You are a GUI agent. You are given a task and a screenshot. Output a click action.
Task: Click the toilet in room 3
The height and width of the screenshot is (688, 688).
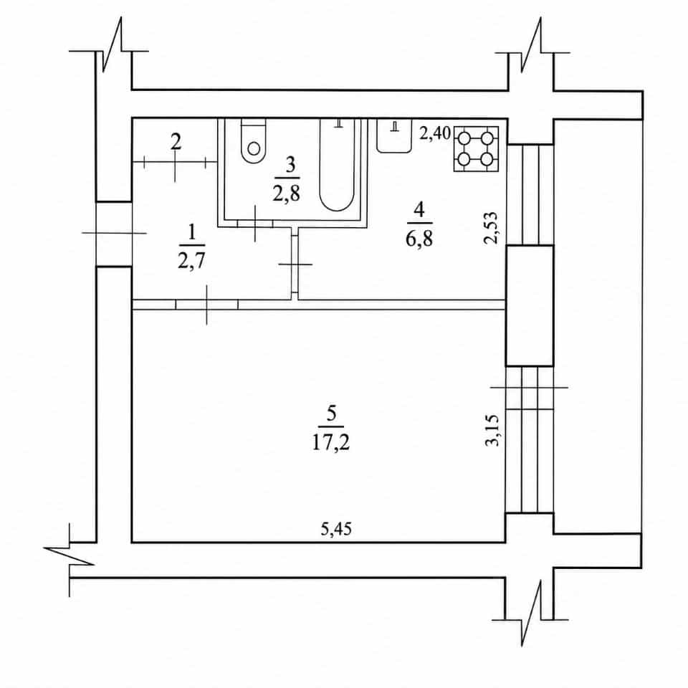tap(254, 141)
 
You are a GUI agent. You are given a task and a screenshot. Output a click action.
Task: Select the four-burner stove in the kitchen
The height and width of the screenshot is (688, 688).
tap(476, 149)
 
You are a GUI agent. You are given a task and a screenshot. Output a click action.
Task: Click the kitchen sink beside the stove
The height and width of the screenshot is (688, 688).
tap(394, 135)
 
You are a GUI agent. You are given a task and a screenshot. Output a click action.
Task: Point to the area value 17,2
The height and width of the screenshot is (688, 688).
tap(331, 443)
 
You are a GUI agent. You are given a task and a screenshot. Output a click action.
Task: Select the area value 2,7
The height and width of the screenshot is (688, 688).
tap(192, 261)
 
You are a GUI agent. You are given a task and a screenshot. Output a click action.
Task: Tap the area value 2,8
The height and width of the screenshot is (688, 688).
tap(287, 193)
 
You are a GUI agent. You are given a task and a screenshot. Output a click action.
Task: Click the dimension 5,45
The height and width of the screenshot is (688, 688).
tap(336, 529)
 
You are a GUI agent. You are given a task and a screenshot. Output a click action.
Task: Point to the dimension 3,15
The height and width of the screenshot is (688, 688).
tap(492, 430)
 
